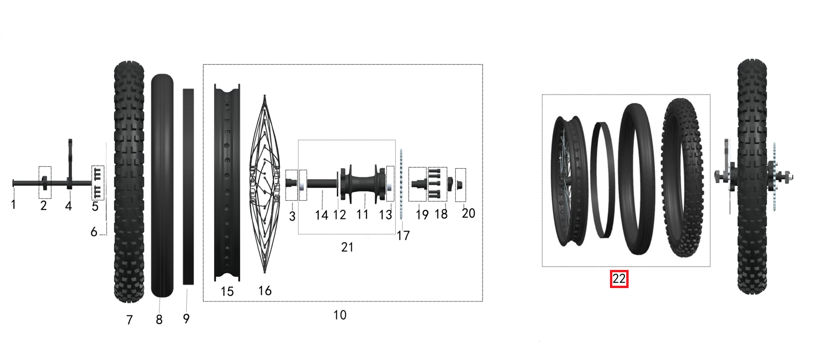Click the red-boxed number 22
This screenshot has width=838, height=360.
point(619,279)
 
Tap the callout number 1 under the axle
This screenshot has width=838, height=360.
point(13,205)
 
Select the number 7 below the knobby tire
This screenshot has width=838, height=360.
point(129,320)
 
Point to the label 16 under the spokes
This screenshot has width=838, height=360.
point(265,290)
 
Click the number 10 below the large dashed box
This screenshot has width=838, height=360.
point(340,315)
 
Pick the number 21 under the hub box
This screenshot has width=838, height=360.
point(347,247)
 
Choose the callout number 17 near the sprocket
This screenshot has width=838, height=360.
point(403,235)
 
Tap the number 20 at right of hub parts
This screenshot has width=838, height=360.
point(468,213)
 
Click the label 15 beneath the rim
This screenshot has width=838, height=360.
point(227,291)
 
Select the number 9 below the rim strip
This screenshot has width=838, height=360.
point(186,318)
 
